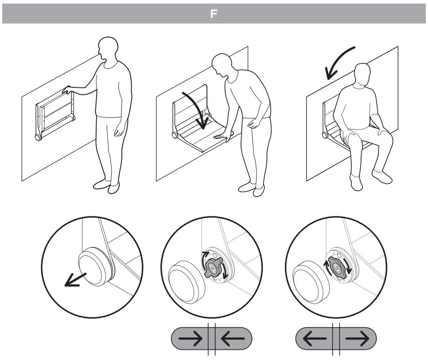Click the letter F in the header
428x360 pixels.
pyautogui.click(x=214, y=14)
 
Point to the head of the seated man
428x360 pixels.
pyautogui.click(x=363, y=75)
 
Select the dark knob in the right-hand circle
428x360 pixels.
pyautogui.click(x=337, y=267)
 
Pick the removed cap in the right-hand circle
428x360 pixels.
pyautogui.click(x=306, y=278)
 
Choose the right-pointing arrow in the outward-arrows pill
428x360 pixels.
pyautogui.click(x=357, y=339)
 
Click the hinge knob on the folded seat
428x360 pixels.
pyautogui.click(x=39, y=137)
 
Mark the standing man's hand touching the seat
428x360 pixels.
pyautogui.click(x=67, y=90)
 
